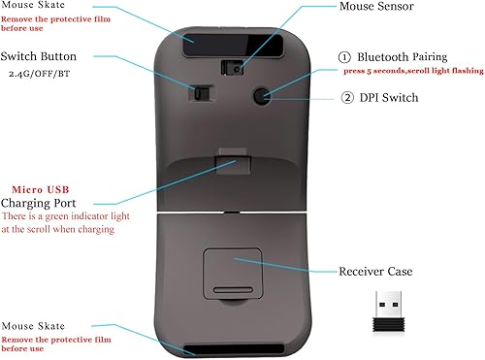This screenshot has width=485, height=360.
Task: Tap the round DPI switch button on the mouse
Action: pyautogui.click(x=260, y=94)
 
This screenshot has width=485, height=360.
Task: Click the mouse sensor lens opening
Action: pyautogui.click(x=231, y=67)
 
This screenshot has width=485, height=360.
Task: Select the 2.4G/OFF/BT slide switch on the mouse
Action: pyautogui.click(x=201, y=94)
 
